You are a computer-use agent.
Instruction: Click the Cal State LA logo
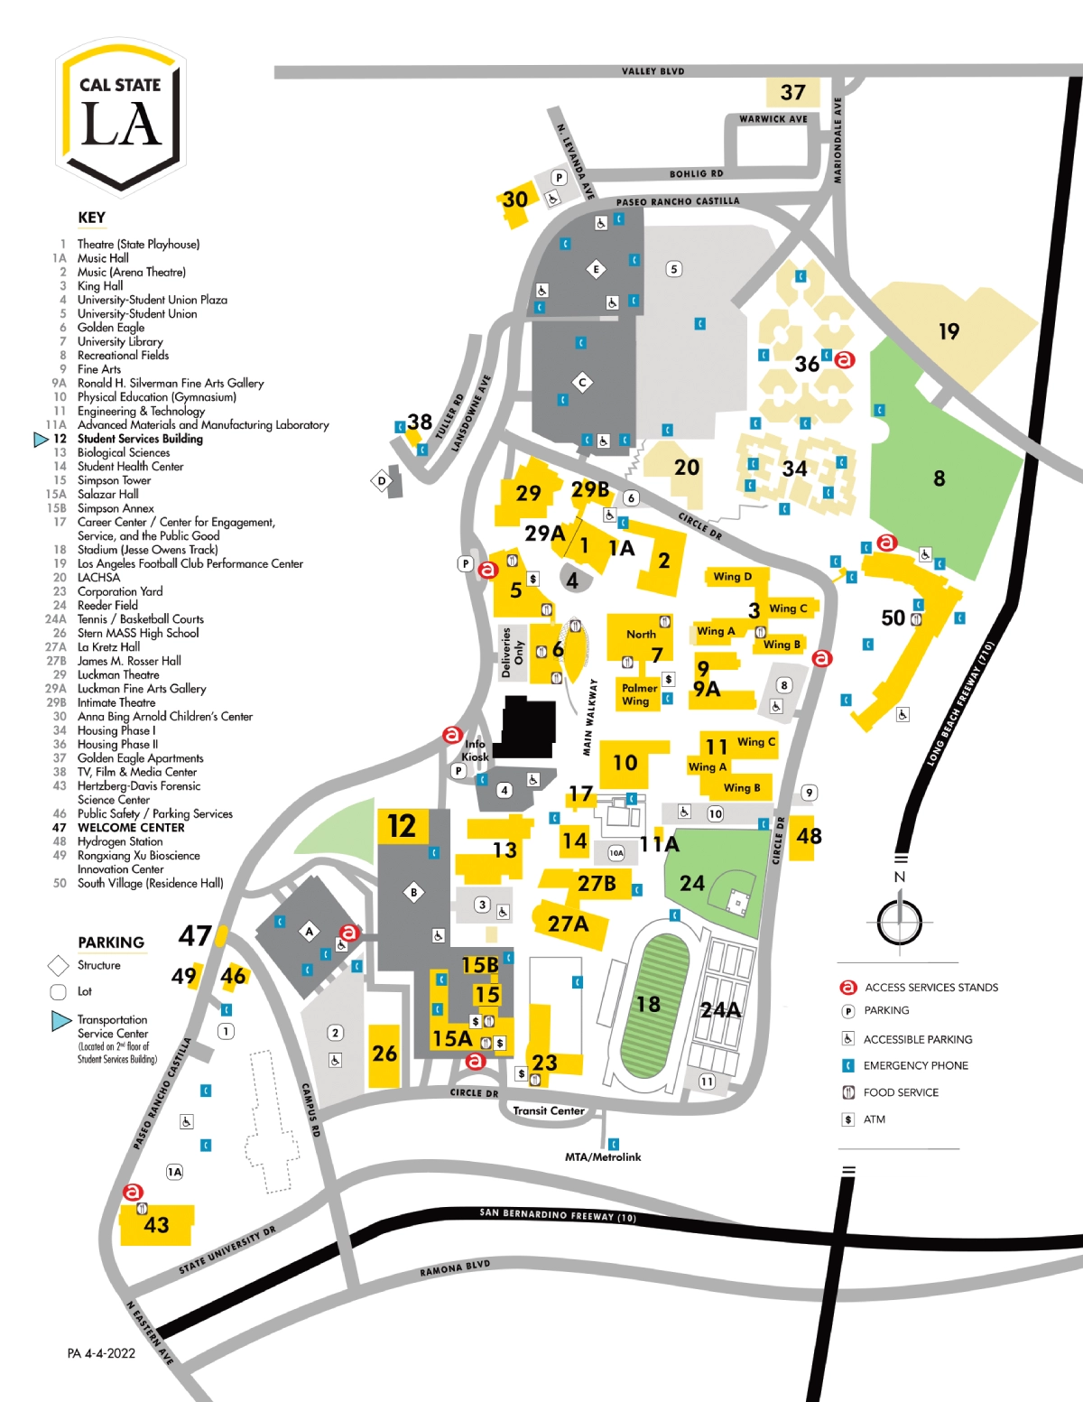coord(121,117)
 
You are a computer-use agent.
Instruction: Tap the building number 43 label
coord(156,1224)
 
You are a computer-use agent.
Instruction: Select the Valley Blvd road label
coord(653,71)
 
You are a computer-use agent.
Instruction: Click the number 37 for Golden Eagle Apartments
coord(792,92)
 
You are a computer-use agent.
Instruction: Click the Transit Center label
coord(549,1110)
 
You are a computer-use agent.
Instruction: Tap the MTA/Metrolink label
coord(603,1156)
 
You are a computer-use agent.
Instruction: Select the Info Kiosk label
coord(475,750)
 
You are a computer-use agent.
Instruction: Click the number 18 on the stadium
coord(648,1004)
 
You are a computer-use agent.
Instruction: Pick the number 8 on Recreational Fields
coord(940,478)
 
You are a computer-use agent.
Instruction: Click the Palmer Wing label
coord(639,694)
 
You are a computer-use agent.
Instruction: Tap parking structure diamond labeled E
coord(596,269)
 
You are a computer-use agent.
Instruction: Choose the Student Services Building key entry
coord(139,439)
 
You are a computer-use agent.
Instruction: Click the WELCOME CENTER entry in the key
coord(131,827)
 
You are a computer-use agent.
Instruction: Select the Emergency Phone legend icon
coord(848,1065)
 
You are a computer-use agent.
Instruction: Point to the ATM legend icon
coord(848,1119)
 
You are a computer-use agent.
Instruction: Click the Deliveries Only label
coord(512,652)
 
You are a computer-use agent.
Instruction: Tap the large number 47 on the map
coord(195,935)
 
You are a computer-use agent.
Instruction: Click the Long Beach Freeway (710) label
coord(961,704)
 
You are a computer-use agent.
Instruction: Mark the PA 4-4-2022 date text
coord(101,1353)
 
